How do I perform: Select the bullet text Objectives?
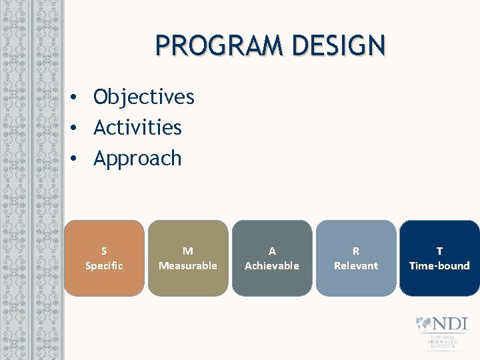pos(143,97)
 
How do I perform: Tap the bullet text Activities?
pos(137,127)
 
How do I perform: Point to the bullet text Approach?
pos(137,159)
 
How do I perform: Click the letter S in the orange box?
pos(104,251)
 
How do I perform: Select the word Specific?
pos(104,265)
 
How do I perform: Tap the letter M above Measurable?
pos(188,251)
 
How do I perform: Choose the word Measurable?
pos(188,265)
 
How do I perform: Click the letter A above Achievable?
pos(272,251)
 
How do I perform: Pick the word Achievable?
pos(272,265)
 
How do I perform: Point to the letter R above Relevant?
pos(356,251)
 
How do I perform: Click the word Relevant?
pos(356,265)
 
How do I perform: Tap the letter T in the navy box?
pos(439,251)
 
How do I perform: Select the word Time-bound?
pos(439,265)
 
